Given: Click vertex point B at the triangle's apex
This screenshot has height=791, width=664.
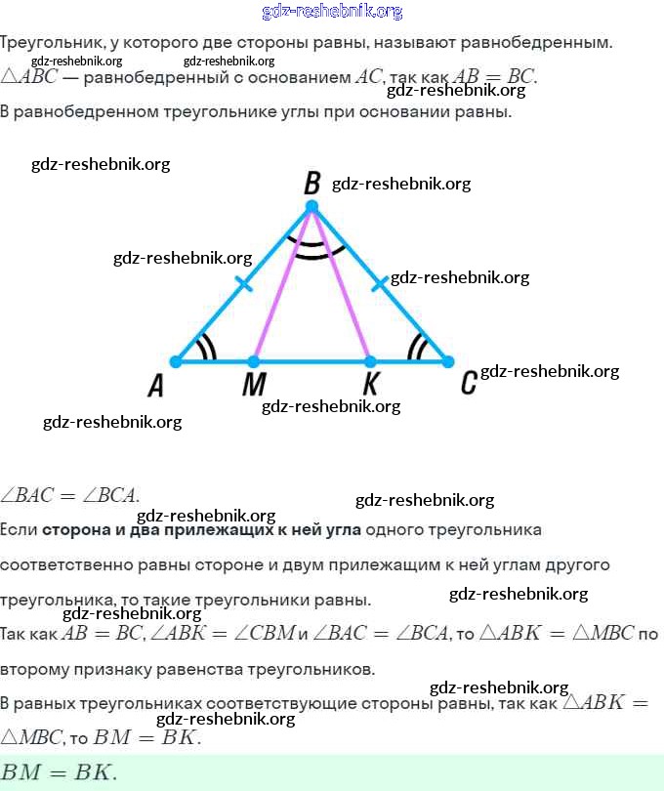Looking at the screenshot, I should coord(311,206).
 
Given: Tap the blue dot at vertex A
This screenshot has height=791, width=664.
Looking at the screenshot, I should coord(176,361).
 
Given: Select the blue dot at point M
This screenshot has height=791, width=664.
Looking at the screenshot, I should coord(254,361).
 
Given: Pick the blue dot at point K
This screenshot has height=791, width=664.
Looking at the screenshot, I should coord(370,361).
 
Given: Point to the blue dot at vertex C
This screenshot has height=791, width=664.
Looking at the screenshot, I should coord(448,361).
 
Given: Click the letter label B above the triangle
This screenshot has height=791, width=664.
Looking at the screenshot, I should coord(312,183).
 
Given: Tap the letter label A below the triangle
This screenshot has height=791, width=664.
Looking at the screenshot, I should coord(155,386).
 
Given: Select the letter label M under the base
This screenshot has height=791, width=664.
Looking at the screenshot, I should coord(253,386).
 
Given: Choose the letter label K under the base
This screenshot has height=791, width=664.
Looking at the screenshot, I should coord(371,384).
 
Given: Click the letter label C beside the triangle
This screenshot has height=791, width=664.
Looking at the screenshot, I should coord(469,384).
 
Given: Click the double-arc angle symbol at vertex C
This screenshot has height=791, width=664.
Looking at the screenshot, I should coord(418,349).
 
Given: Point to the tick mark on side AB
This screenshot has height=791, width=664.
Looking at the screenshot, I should coord(244,284).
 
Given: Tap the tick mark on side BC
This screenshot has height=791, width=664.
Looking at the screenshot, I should coord(379,284).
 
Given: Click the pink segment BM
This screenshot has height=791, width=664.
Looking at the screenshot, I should coord(282,284).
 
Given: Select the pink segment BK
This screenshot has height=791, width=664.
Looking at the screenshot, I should coord(341,284).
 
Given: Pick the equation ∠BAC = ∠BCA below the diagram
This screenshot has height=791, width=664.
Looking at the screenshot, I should coord(70,495).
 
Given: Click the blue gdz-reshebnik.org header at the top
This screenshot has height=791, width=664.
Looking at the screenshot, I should coord(332,12).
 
